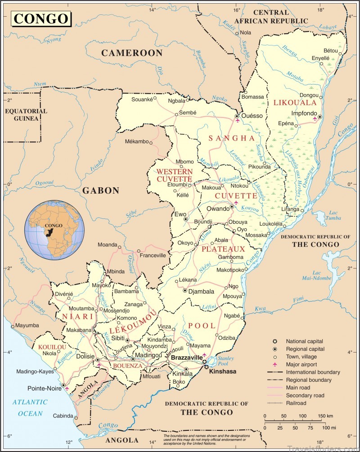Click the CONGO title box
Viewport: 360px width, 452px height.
(41, 19)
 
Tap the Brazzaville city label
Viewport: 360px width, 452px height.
(187, 357)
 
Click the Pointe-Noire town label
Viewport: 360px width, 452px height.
(43, 388)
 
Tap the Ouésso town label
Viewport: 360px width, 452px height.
(252, 116)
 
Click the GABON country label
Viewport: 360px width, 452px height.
(100, 190)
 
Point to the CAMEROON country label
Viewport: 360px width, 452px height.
(131, 53)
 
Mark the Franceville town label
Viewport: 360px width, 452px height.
(153, 255)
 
